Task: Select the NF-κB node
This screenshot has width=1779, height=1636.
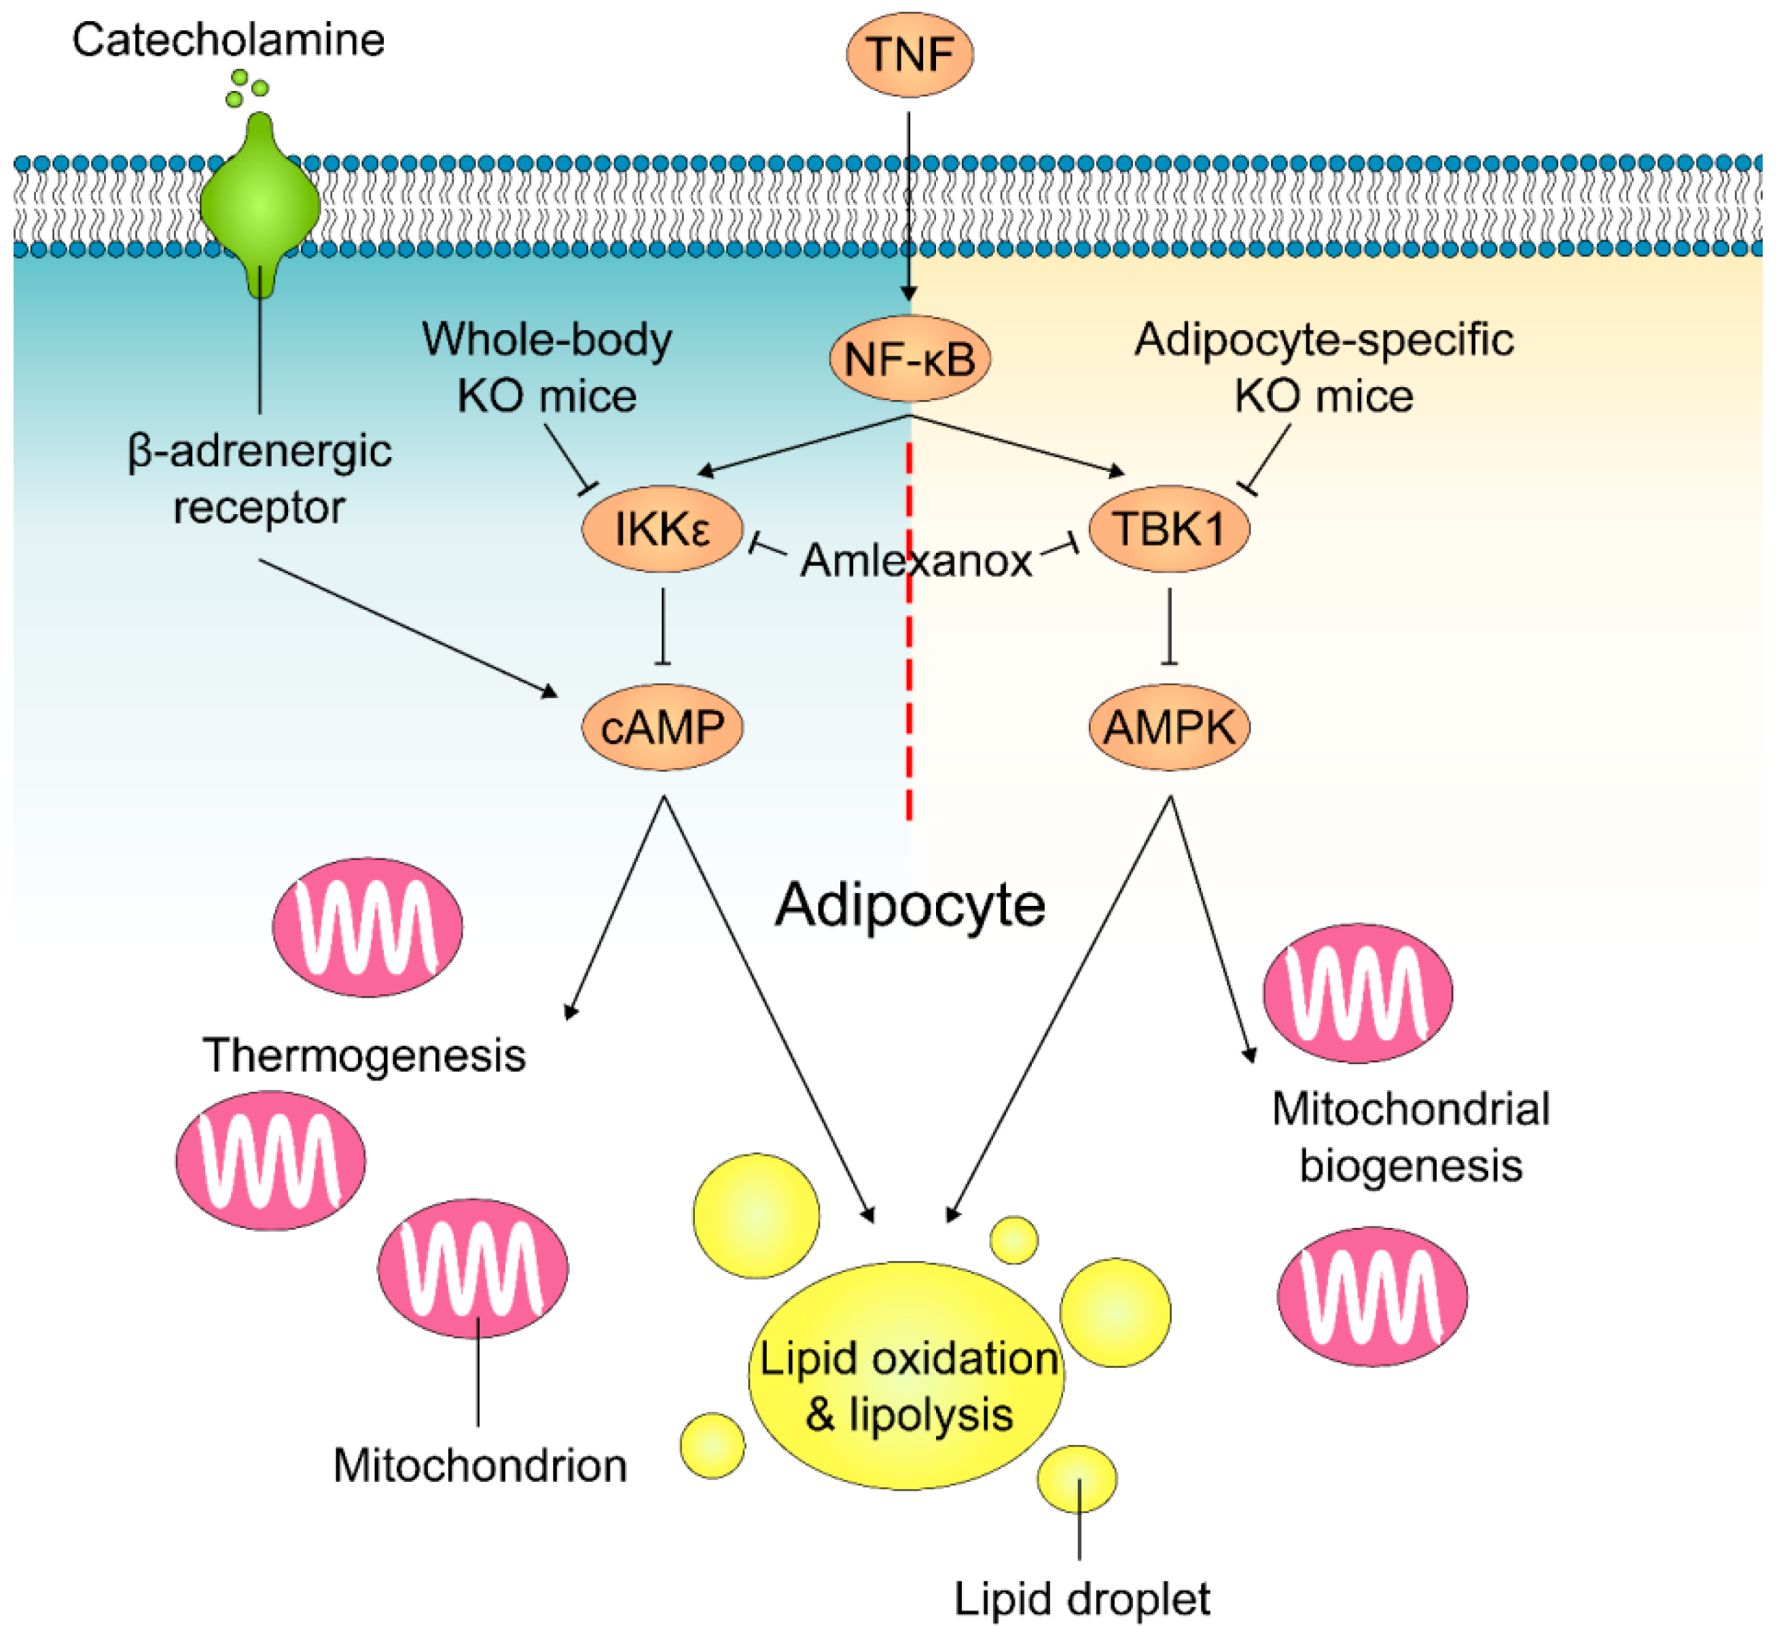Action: point(910,359)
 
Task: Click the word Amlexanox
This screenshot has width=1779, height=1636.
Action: point(916,561)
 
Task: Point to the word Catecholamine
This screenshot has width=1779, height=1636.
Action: point(228,41)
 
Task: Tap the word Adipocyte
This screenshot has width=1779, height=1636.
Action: point(910,907)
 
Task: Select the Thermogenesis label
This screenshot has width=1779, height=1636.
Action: point(364,1056)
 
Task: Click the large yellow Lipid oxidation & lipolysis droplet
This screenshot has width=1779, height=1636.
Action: point(907,1377)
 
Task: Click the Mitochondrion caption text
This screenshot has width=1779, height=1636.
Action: point(480,1466)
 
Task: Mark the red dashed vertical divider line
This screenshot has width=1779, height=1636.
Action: point(910,631)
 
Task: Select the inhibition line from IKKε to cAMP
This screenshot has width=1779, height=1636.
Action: point(663,627)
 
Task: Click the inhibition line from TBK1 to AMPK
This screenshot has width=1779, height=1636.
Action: point(1170,627)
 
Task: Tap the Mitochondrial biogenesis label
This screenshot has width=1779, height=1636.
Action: point(1411,1138)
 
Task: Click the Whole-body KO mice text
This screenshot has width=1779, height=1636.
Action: point(546,367)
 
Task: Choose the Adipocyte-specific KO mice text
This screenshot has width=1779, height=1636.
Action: point(1324,367)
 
